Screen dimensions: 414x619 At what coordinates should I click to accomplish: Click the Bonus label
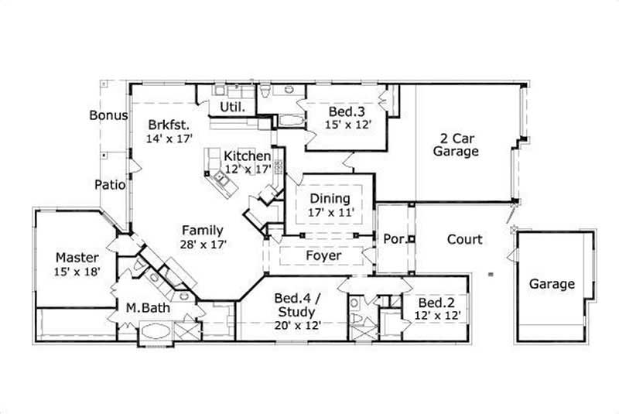point(108,115)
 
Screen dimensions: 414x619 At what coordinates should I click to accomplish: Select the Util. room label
point(233,107)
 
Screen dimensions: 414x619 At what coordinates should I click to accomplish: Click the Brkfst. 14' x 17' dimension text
point(169,139)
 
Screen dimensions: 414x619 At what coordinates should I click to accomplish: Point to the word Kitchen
point(248,156)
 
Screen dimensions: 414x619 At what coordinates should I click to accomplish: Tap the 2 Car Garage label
point(456,145)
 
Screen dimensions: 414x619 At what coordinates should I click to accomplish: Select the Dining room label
point(330,198)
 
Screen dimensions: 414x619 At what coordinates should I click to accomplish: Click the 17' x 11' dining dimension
point(330,211)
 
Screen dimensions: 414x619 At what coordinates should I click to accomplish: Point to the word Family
point(203,230)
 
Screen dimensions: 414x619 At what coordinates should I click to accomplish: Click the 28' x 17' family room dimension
point(203,243)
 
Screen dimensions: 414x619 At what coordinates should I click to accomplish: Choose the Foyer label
point(323,255)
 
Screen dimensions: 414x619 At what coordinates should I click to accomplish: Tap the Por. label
point(394,239)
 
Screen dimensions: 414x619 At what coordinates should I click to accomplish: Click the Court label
point(464,239)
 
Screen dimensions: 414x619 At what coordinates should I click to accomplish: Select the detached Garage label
point(552,284)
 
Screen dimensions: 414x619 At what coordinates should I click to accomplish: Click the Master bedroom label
point(77,257)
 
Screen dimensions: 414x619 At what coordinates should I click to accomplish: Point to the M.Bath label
point(148,307)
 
